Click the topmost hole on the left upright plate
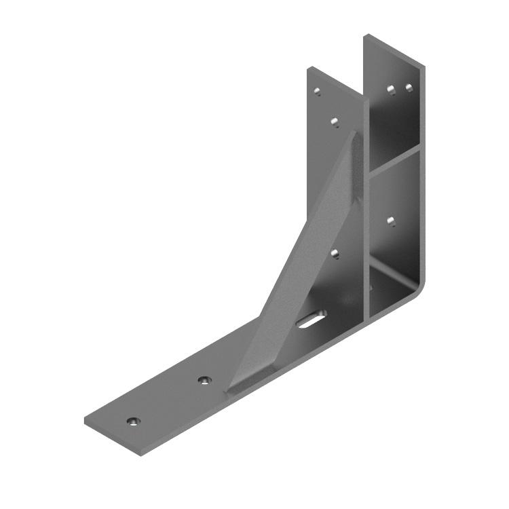click(x=317, y=91)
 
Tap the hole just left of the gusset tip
click(x=335, y=121)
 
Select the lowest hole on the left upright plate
click(x=335, y=253)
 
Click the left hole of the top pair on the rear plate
click(x=391, y=89)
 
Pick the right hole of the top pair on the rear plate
click(x=409, y=88)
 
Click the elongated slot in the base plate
click(x=311, y=319)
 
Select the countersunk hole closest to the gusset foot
click(x=204, y=379)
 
